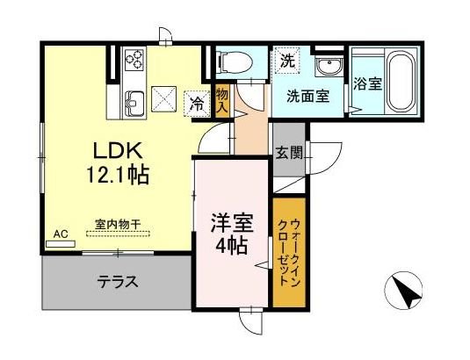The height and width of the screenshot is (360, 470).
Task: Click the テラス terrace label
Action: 117,282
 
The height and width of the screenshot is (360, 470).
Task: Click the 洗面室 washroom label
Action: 307,96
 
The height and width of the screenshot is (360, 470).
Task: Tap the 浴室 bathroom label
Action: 367,85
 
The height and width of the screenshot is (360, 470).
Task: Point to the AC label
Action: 61,234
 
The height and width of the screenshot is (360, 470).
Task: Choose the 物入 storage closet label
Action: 222,98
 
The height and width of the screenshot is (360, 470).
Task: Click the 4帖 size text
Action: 233,243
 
